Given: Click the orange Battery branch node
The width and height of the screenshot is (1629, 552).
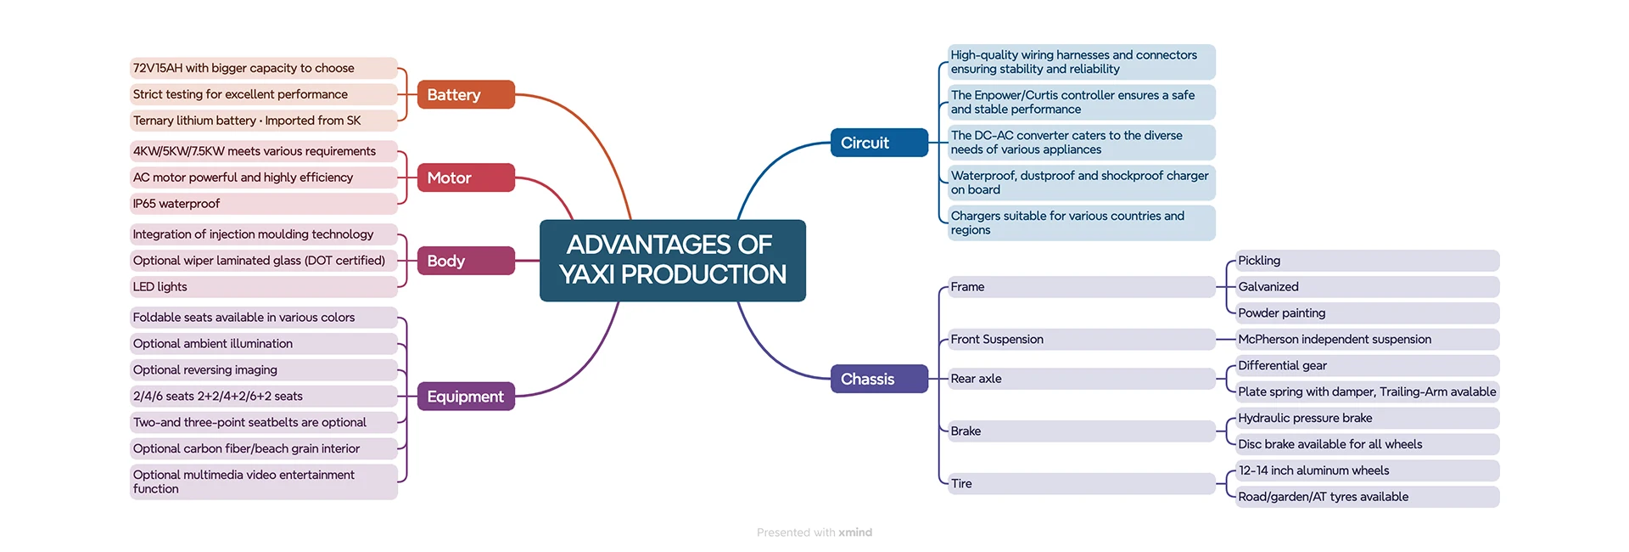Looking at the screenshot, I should [x=466, y=94].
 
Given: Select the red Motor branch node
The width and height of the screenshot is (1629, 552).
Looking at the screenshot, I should [x=466, y=177].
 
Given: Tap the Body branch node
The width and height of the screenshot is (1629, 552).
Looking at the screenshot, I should [x=466, y=261].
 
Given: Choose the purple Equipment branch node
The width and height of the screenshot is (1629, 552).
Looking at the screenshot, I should [x=466, y=397].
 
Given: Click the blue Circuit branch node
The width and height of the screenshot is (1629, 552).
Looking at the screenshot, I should [x=879, y=143].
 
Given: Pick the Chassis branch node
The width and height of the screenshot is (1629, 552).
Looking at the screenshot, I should [x=879, y=379].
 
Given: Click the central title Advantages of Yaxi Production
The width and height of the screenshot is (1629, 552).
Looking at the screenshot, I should [x=673, y=260].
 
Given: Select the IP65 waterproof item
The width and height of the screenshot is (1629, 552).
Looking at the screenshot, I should [x=263, y=204].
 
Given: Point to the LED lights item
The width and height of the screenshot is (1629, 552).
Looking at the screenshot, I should [x=263, y=287].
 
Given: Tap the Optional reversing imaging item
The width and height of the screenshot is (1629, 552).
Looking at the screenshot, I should [x=263, y=370].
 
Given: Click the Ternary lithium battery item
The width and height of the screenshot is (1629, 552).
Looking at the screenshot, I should [x=263, y=121].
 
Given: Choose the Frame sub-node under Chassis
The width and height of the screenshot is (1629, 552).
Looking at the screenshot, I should [x=1081, y=287].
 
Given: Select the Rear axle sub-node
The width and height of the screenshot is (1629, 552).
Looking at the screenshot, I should [x=1081, y=379].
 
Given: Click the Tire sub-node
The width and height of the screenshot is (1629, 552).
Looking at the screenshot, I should [x=1081, y=484].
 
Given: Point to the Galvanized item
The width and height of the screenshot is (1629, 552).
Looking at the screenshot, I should [x=1366, y=287].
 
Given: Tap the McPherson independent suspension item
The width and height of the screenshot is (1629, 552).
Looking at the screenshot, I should [x=1366, y=340].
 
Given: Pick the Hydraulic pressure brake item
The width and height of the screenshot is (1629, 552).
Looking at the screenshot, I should [x=1366, y=418].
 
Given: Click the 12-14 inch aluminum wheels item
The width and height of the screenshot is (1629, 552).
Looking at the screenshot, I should [x=1366, y=470].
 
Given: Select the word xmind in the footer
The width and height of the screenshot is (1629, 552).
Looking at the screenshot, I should [x=855, y=532].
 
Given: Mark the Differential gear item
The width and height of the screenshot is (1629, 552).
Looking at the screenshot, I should [x=1366, y=366].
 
